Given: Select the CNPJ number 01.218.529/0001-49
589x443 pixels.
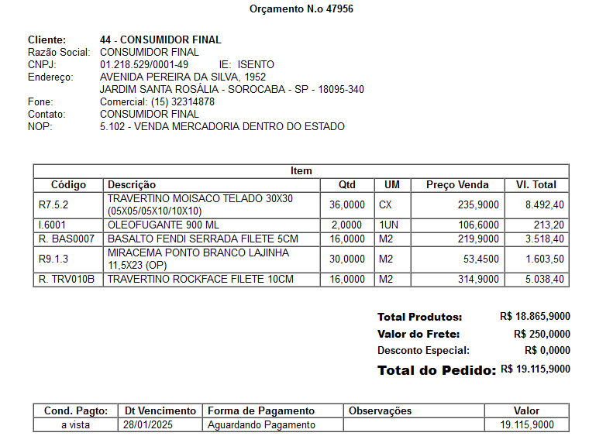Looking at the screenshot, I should click(x=144, y=64).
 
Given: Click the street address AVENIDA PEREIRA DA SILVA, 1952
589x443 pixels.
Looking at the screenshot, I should click(x=183, y=77).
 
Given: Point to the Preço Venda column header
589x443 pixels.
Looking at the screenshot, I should click(x=457, y=184).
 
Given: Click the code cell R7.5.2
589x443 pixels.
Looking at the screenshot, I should click(x=53, y=204).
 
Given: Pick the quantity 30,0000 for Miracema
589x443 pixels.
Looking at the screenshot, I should click(x=346, y=259).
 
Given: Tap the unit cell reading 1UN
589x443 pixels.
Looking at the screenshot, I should click(x=388, y=225).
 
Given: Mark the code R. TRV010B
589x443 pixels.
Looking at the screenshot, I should click(x=67, y=279).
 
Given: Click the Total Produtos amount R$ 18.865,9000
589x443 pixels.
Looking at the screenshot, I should click(x=535, y=316).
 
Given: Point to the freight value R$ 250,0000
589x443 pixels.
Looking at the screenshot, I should click(x=542, y=334).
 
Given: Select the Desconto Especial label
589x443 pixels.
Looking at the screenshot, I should click(x=423, y=350).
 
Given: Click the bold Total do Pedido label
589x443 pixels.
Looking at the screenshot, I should click(x=436, y=370).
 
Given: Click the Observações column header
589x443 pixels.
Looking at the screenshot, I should click(x=381, y=410).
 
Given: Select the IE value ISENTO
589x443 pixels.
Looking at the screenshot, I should click(x=256, y=64).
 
